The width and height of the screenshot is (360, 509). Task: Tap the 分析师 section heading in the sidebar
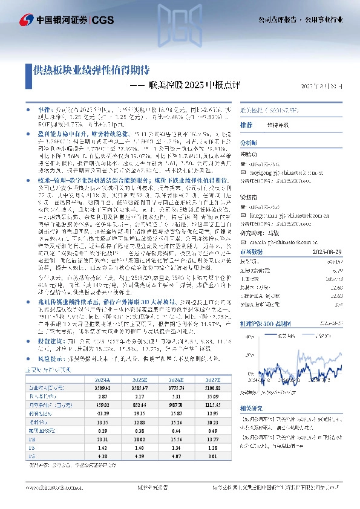tap(249, 143)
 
